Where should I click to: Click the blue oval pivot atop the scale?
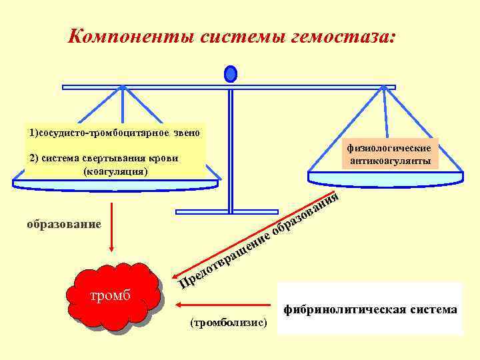(x=230, y=73)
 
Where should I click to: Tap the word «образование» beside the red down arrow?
(x=64, y=224)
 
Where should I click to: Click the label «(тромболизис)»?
(x=228, y=323)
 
